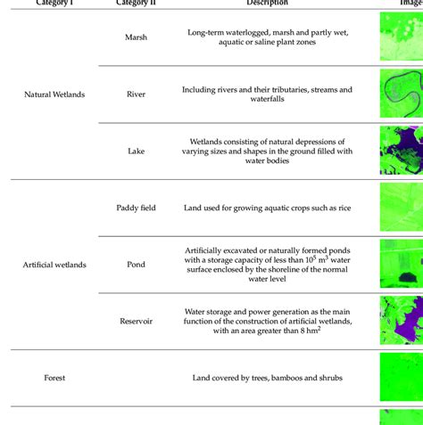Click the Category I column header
coord(54,3)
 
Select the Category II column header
coord(137,3)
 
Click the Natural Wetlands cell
coord(54,94)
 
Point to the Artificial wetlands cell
coord(54,265)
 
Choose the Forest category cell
coord(54,378)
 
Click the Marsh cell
coord(137,37)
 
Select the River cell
coord(137,94)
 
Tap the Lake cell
coord(137,151)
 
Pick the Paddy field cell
coord(137,208)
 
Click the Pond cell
coord(137,265)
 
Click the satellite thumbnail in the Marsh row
coord(401,37)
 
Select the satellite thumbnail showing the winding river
coord(401,94)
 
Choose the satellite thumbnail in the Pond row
coord(401,264)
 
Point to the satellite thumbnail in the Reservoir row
coord(401,320)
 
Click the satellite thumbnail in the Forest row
coord(401,377)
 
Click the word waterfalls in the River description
coord(268,101)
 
